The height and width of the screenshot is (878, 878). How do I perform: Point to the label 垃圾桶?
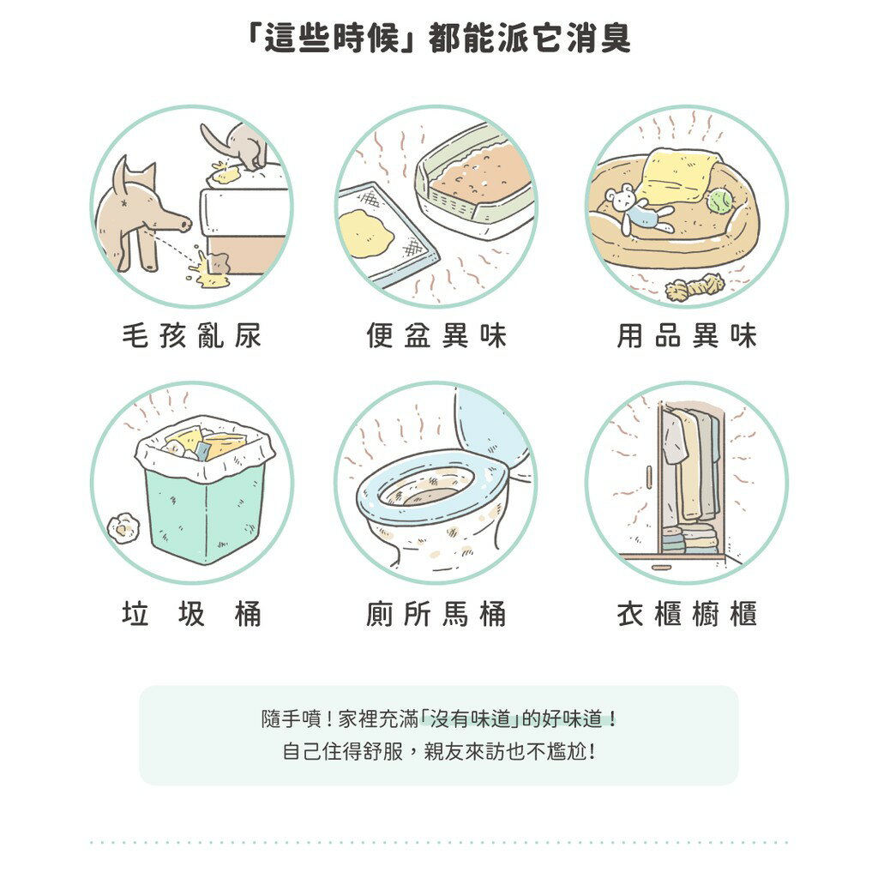coord(191,615)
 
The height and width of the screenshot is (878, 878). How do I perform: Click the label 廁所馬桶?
coord(436,615)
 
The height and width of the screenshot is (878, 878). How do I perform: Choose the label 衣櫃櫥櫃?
coord(687,615)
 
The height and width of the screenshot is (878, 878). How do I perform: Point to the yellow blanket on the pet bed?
coord(683,175)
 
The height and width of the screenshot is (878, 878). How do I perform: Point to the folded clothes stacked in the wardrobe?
coord(689,540)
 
